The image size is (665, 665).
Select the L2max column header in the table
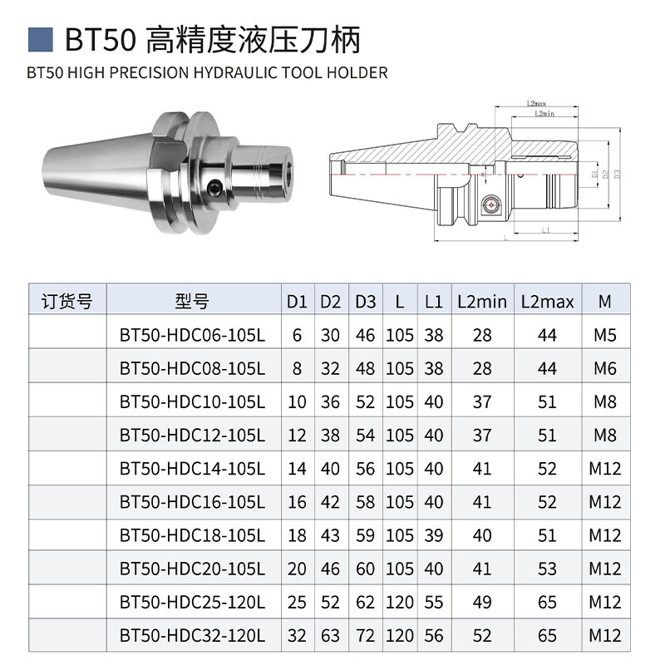point(547,301)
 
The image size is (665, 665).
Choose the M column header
point(604,301)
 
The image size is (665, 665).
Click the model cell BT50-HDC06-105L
point(192,335)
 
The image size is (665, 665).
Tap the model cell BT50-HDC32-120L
point(192,636)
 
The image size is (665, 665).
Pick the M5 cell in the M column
point(604,335)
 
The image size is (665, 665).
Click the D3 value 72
point(366,636)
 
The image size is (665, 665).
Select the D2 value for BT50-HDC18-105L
point(331,535)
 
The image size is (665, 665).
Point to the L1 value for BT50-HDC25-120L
point(433,603)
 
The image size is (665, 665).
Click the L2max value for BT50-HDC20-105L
point(547,569)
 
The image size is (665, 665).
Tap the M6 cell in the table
point(604,368)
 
